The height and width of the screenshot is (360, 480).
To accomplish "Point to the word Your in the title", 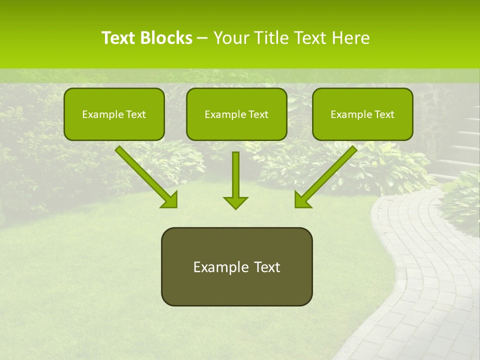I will pos(230,38).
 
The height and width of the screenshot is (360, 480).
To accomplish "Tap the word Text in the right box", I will pos(384,114).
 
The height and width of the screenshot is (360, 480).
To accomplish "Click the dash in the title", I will pos(202,38).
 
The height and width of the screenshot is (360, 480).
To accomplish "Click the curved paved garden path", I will pos(425,280).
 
